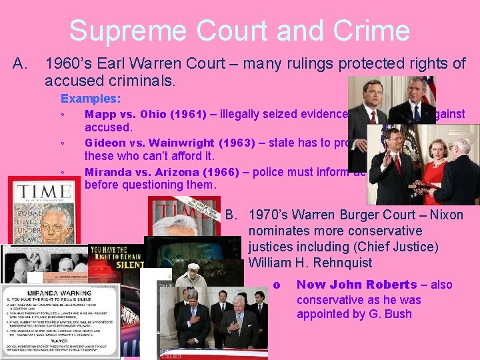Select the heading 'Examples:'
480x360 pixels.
click(x=91, y=98)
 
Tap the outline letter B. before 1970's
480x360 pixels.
click(x=233, y=215)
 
